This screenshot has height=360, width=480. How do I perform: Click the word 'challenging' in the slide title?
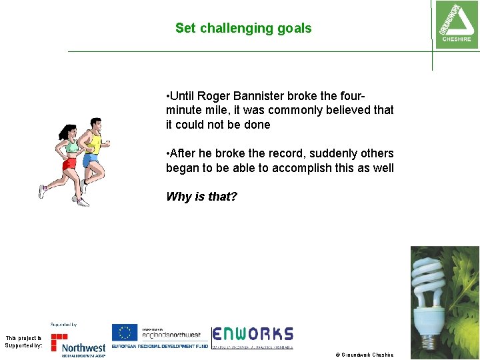point(227,29)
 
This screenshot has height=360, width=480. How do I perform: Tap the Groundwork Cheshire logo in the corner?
point(456,24)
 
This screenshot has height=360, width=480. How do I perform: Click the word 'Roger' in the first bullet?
point(214,95)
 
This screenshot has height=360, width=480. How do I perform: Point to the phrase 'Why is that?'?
point(201,197)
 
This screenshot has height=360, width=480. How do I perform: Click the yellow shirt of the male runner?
point(94,142)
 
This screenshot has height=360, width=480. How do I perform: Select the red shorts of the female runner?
point(69,163)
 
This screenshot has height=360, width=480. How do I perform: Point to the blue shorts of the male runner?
point(90,161)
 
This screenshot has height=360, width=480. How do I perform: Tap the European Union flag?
point(124,333)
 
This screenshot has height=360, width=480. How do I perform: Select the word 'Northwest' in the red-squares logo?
point(83,347)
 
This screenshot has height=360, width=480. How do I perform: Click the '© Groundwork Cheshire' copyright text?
point(367,355)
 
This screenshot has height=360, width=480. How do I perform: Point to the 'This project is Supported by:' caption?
point(23,342)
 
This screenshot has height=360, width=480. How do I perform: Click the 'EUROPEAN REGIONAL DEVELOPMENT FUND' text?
point(160,347)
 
